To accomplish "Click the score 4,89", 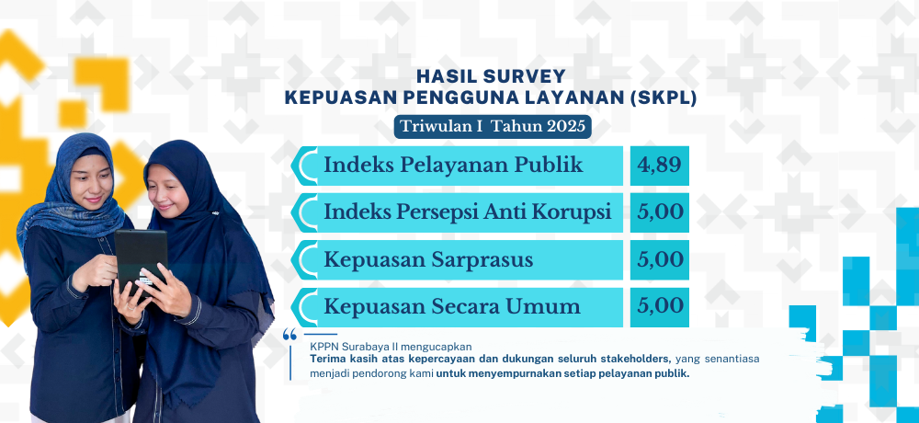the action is [x=659, y=166].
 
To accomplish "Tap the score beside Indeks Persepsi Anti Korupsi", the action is [x=659, y=212].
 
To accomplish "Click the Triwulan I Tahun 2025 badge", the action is [x=493, y=127].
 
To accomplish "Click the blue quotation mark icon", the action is [x=289, y=335].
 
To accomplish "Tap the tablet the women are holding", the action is [x=141, y=259].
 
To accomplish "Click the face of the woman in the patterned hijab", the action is [x=90, y=180].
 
